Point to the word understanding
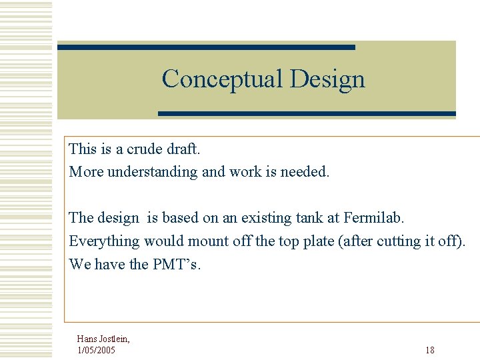pos(153,172)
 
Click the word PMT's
pos(176,264)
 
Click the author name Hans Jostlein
pos(103,339)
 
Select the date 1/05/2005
pos(96,350)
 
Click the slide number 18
pos(430,350)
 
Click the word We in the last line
pos(80,264)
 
